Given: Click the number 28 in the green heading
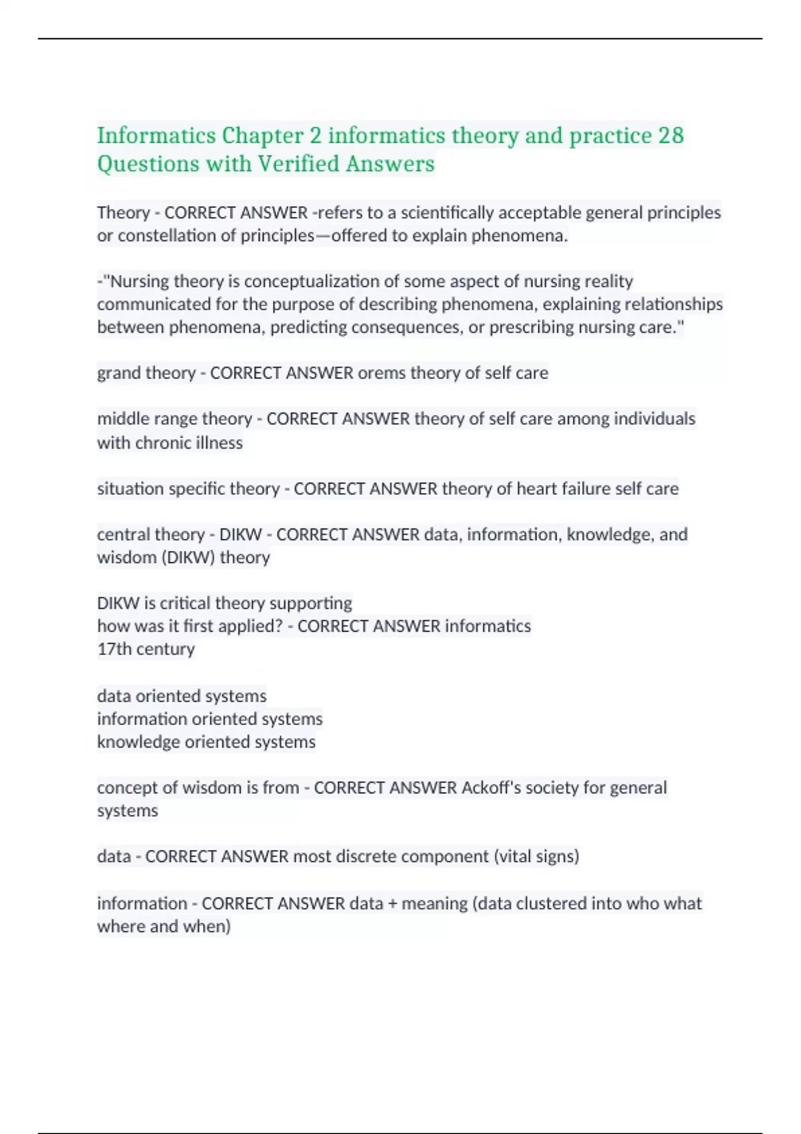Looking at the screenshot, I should click(x=671, y=135).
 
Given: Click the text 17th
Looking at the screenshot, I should click(x=114, y=649).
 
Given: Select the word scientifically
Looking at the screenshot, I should click(x=447, y=213).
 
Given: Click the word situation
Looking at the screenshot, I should click(x=130, y=489).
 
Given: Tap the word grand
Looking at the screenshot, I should click(x=119, y=373).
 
